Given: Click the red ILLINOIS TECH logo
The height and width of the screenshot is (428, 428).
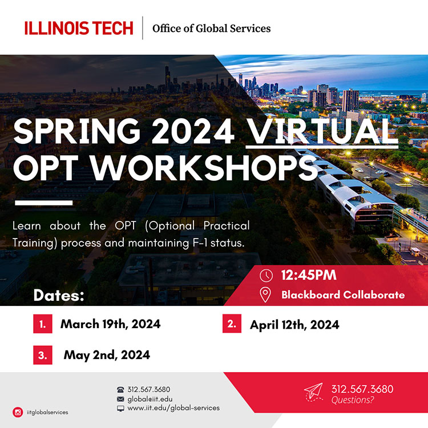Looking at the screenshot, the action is (x=79, y=28).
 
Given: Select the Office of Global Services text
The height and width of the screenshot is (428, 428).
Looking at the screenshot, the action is (x=212, y=29).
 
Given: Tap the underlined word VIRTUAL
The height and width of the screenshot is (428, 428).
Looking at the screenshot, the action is (x=322, y=131).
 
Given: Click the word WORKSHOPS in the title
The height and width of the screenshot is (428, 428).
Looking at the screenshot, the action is (x=204, y=167).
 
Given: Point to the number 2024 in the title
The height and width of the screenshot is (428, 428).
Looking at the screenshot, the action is (x=193, y=131).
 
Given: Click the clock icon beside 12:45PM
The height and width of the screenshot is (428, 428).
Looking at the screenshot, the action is (x=266, y=276).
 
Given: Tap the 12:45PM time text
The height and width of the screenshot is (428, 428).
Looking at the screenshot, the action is (x=309, y=275).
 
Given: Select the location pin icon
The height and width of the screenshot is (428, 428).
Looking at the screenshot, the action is (x=265, y=294).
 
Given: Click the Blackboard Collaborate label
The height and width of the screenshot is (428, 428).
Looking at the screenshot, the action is (x=343, y=295).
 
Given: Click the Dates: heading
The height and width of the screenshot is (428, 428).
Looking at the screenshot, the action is (x=59, y=296).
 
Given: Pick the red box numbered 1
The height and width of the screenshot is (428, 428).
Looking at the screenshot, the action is (x=43, y=324).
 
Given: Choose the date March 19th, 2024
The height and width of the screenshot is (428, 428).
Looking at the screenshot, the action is (x=111, y=324).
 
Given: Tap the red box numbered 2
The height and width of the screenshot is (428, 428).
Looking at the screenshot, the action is (x=232, y=324).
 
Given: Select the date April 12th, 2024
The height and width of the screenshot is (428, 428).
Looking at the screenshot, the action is (x=294, y=325).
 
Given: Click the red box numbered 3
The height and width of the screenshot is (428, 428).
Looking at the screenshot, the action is (x=43, y=355).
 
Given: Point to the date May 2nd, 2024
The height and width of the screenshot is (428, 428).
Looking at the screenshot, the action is (x=107, y=355).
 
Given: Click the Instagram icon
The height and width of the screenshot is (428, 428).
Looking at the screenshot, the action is (x=18, y=412).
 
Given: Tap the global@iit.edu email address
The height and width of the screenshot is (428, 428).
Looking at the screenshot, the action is (x=150, y=399).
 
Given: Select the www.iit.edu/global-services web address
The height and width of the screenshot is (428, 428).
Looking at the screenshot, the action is (x=173, y=408).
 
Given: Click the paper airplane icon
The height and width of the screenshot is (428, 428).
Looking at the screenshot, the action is (x=314, y=392).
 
